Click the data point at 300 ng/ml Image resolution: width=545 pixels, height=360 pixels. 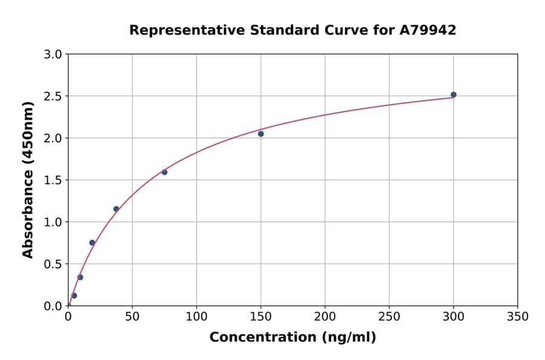tap(454, 95)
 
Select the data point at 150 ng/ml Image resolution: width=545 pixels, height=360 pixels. tap(261, 134)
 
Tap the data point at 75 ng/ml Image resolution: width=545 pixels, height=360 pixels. tap(164, 172)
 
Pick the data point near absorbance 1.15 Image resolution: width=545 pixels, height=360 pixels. tap(116, 209)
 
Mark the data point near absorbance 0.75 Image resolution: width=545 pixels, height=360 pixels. tap(92, 242)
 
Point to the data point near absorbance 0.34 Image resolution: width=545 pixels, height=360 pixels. tap(80, 277)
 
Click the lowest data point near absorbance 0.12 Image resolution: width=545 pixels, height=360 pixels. tap(74, 296)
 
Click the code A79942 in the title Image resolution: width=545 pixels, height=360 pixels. tap(428, 30)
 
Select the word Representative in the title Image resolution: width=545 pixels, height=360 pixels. tap(176, 30)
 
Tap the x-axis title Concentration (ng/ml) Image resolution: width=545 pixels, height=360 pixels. tap(292, 338)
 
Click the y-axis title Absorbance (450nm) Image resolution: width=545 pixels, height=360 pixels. tap(28, 179)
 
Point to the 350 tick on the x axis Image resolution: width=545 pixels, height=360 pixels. tap(518, 316)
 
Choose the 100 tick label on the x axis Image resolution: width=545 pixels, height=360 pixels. tap(196, 316)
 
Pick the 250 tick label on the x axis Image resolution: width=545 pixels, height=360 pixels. tap(389, 316)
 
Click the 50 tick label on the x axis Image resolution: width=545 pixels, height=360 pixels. tap(132, 316)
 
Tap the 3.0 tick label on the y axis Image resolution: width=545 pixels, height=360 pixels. tap(54, 55)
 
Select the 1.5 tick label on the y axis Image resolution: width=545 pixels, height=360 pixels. tap(54, 180)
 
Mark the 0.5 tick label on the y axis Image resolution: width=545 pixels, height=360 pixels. tap(54, 264)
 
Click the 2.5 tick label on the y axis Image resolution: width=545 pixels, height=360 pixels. tap(54, 96)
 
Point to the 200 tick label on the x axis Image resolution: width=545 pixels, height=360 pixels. tap(325, 316)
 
